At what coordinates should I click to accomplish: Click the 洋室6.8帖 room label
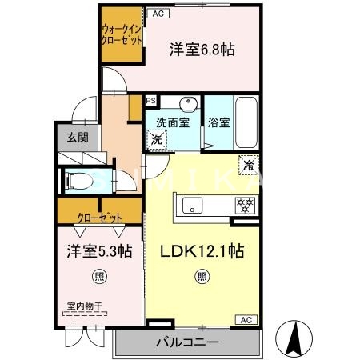pos(202,50)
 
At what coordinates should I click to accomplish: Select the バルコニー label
pos(189,344)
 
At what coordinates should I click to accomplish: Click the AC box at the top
pos(157,14)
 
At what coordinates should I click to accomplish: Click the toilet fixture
pos(79,181)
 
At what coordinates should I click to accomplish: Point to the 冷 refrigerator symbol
pos(249,166)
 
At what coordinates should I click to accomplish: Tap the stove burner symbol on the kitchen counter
pos(242,205)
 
